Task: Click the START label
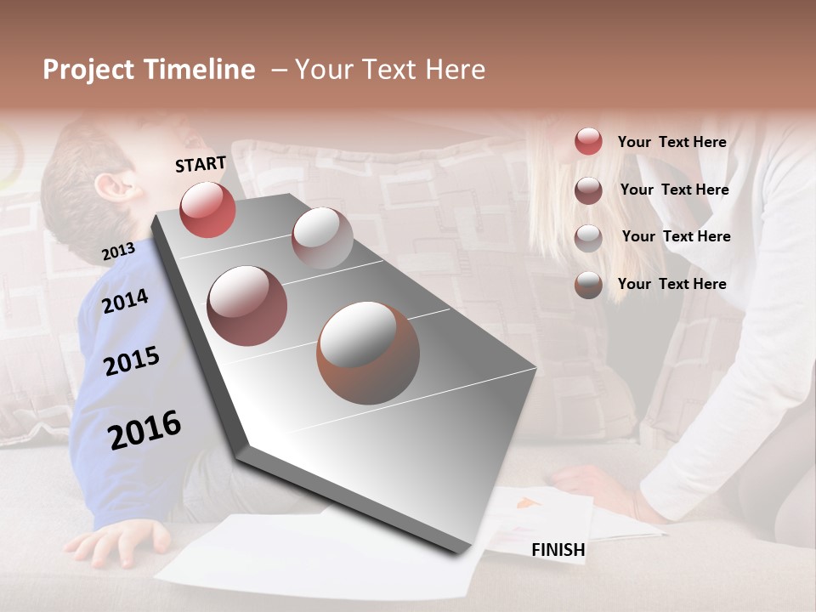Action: pos(201,164)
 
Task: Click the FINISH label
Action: pos(558,550)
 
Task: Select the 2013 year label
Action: pos(118,252)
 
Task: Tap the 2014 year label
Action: pos(126,301)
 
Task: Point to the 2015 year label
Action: pos(132,361)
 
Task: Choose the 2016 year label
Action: pos(144,429)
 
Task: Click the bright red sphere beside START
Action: pos(207,209)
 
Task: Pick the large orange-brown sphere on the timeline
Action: pos(368,353)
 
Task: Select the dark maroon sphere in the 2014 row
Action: pos(246,306)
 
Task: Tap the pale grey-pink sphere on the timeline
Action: pos(322,238)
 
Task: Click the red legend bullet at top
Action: pos(588,141)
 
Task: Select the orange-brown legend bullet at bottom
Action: pos(588,285)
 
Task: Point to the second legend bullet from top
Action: pos(588,190)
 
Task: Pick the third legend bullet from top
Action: pos(588,237)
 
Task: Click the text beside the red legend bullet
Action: pos(671,142)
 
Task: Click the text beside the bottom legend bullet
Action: pos(671,284)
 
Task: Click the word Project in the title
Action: pos(89,70)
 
